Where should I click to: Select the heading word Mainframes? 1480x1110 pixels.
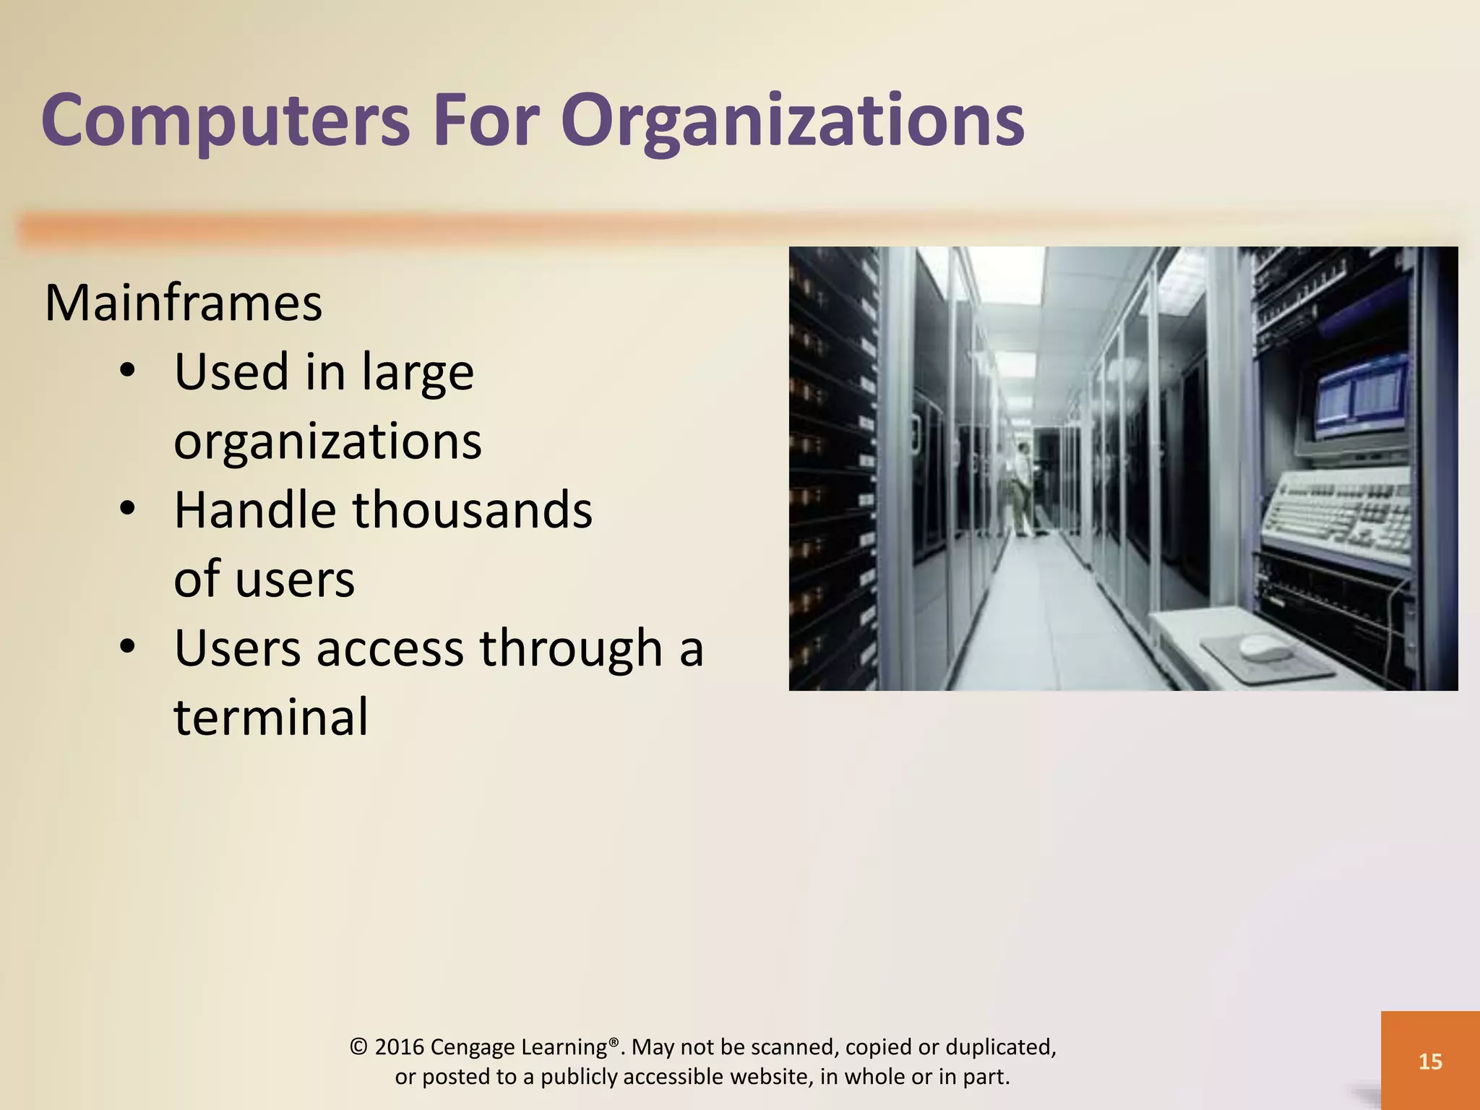184,303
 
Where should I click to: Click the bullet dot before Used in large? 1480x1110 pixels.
128,371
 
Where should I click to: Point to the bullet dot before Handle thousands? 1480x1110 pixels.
128,509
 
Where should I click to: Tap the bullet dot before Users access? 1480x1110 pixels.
128,647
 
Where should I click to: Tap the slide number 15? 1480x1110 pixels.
1430,1061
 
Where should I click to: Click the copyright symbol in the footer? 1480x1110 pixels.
358,1047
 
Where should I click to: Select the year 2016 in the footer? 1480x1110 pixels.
399,1047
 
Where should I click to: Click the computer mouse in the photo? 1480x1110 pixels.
1265,647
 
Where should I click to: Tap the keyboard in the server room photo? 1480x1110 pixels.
1337,513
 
